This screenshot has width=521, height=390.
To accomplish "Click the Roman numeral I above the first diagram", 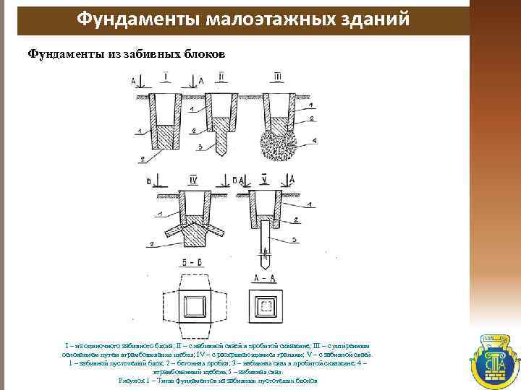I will click(x=166, y=76).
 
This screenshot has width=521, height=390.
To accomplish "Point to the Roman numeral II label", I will click(x=221, y=76).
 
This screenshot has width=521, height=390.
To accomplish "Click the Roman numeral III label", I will click(x=279, y=76).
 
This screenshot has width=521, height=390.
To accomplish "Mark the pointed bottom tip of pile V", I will click(x=265, y=257).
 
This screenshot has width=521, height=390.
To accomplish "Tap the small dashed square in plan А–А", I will click(x=266, y=306).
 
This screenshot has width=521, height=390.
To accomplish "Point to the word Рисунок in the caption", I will click(x=132, y=380).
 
